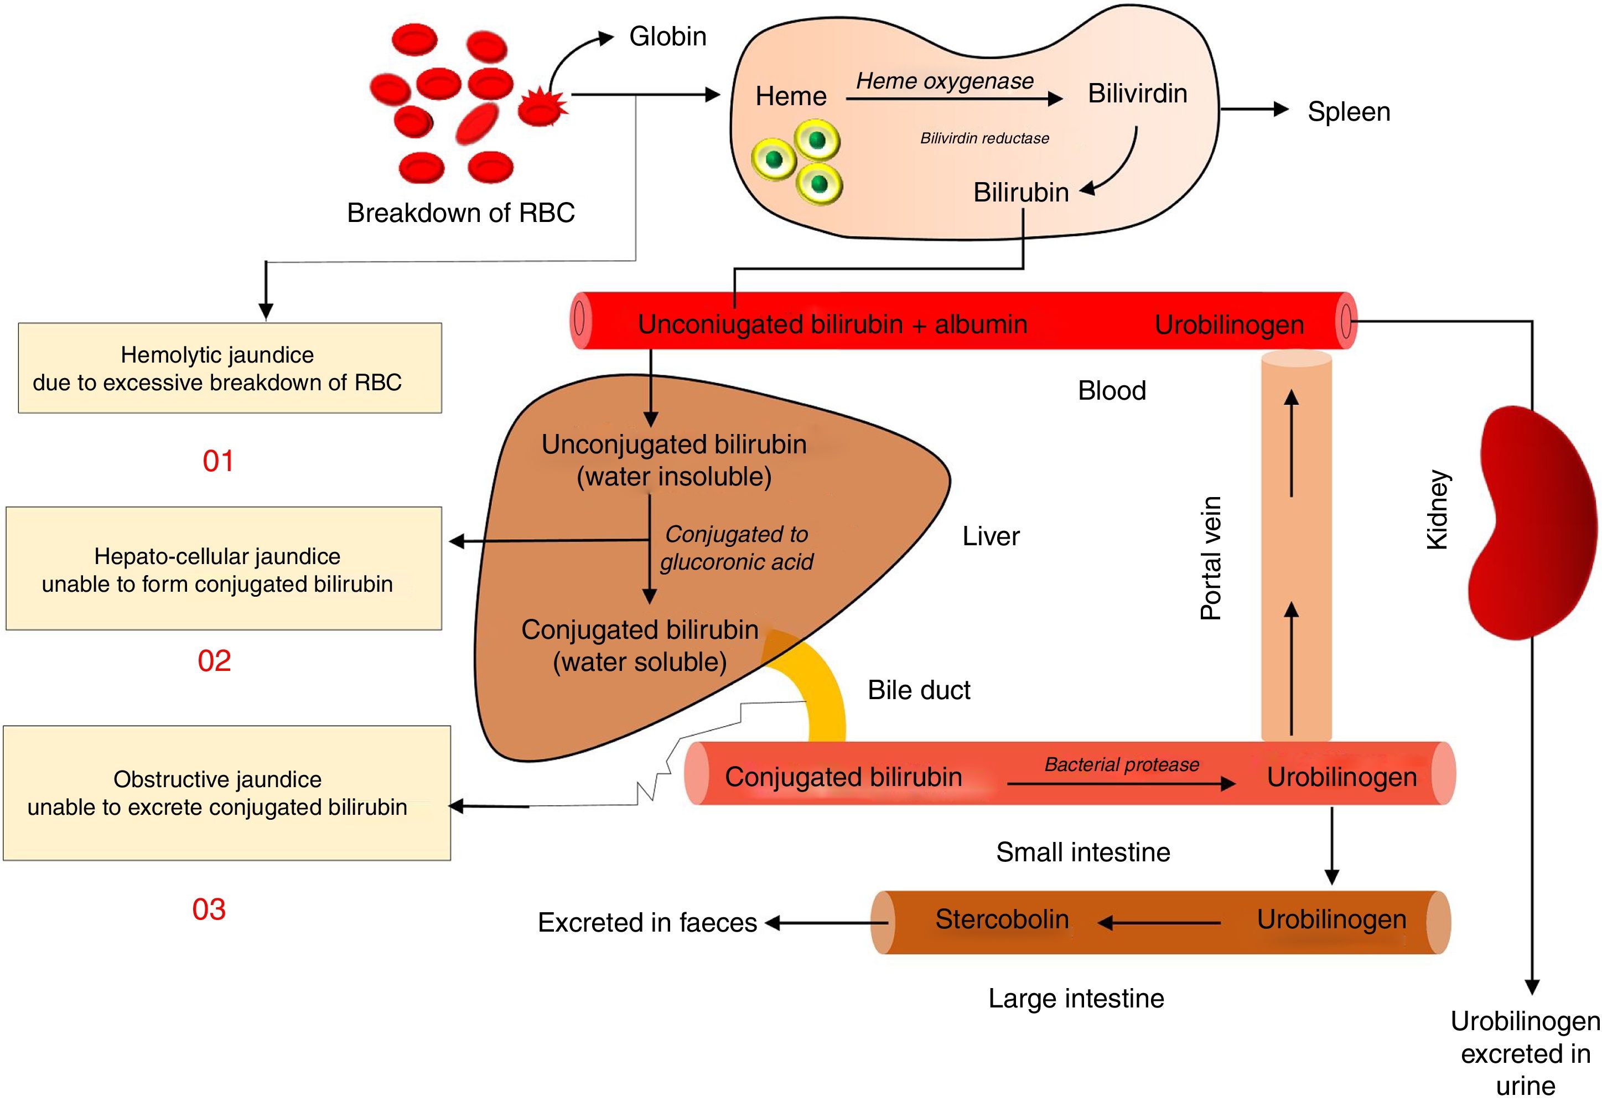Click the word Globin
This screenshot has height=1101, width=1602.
pyautogui.click(x=667, y=37)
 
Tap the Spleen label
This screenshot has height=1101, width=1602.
pyautogui.click(x=1348, y=112)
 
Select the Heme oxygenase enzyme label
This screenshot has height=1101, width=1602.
pyautogui.click(x=944, y=81)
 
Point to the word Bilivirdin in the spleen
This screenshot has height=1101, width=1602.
pyautogui.click(x=1137, y=94)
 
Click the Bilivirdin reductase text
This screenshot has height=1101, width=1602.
pyautogui.click(x=984, y=138)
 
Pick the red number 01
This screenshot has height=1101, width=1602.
pyautogui.click(x=218, y=461)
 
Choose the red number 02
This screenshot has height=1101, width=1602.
pyautogui.click(x=214, y=661)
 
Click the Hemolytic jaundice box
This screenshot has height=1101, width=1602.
pyautogui.click(x=230, y=368)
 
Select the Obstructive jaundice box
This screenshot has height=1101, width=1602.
pyautogui.click(x=227, y=793)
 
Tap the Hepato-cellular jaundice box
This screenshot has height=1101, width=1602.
pyautogui.click(x=224, y=568)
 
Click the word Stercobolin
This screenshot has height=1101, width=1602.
pyautogui.click(x=1002, y=919)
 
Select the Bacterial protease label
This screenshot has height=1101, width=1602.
pyautogui.click(x=1121, y=764)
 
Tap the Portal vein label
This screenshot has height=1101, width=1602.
pyautogui.click(x=1210, y=557)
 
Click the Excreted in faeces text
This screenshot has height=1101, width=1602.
pyautogui.click(x=647, y=922)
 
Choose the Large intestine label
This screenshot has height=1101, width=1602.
pyautogui.click(x=1076, y=998)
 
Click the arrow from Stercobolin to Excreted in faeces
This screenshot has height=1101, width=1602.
pyautogui.click(x=824, y=923)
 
